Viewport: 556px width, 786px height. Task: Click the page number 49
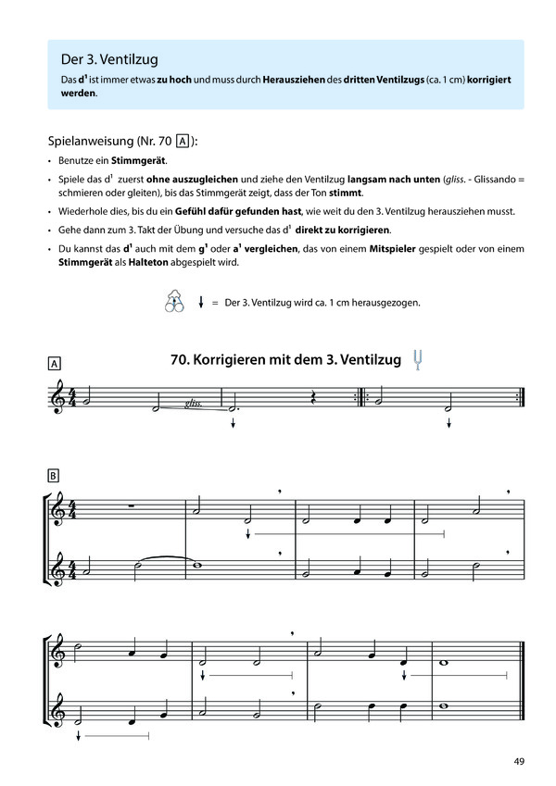tap(519, 762)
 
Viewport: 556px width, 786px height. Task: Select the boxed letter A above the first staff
tap(54, 365)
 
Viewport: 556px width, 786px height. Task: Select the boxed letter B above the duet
tap(54, 477)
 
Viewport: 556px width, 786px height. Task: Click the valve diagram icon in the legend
tap(173, 303)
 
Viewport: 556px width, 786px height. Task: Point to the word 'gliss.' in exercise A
tap(194, 404)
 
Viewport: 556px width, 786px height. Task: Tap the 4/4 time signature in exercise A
tap(77, 397)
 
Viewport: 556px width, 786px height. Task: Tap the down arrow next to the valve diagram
tap(201, 303)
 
